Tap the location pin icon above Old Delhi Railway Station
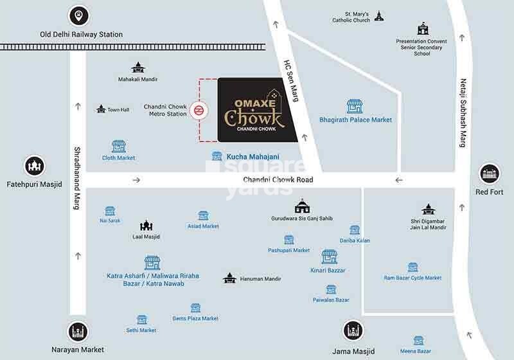(78, 15)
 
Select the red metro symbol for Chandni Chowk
(199, 110)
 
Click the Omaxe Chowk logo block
(257, 110)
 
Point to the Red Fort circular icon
(490, 174)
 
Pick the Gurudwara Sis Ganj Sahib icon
(301, 206)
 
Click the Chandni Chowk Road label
(278, 180)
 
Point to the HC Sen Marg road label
(292, 79)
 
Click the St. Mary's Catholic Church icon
(378, 15)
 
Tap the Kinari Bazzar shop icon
(329, 257)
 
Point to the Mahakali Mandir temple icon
(137, 67)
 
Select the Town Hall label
(118, 110)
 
